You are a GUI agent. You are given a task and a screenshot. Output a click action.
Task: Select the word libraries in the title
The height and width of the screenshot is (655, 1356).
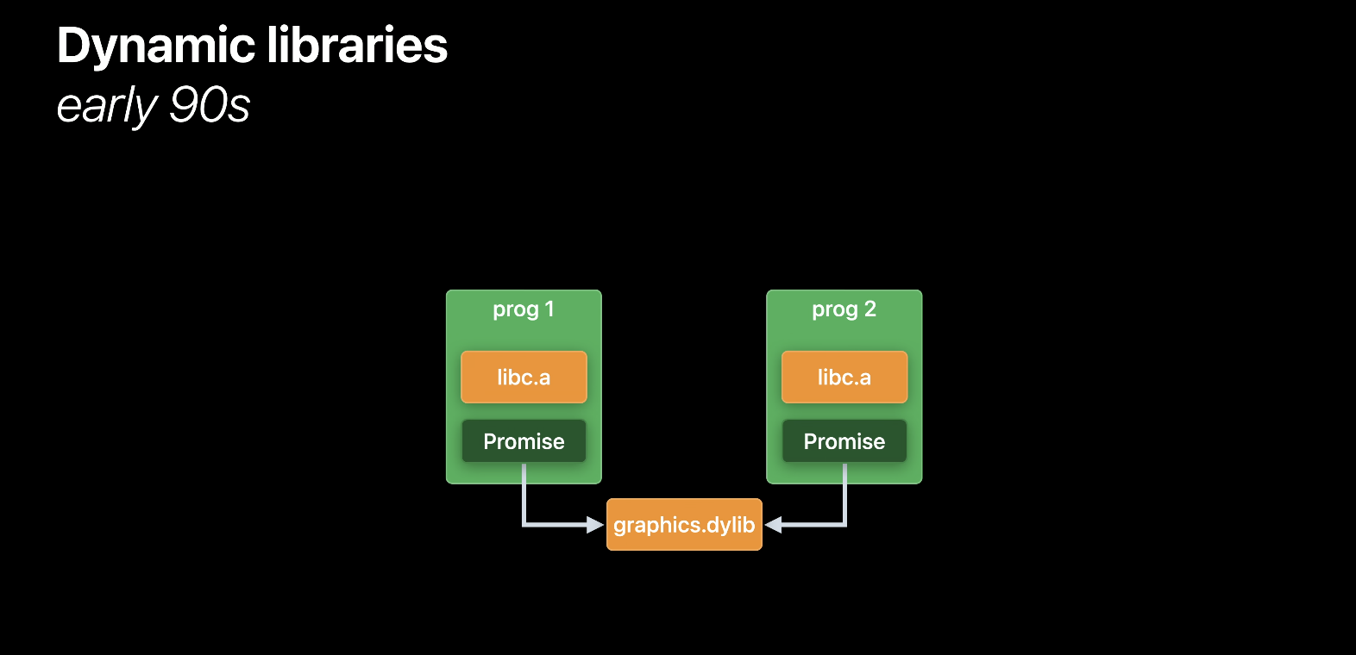click(357, 45)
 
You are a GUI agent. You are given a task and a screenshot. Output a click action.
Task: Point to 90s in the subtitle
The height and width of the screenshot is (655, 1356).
click(210, 105)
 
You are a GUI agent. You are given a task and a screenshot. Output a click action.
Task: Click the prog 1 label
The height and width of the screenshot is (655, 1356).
click(523, 309)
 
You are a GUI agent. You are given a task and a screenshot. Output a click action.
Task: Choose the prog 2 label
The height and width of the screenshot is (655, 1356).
click(844, 309)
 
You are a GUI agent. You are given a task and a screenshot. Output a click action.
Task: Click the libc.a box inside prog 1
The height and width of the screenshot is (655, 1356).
click(524, 377)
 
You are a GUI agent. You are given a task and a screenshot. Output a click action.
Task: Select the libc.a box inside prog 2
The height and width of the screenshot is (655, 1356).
click(844, 377)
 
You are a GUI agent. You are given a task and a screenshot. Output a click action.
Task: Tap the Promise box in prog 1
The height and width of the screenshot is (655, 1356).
click(524, 441)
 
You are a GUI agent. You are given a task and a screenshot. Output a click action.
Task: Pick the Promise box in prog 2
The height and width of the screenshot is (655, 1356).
click(844, 441)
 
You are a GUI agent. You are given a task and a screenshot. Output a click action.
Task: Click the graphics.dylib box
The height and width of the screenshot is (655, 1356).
click(684, 524)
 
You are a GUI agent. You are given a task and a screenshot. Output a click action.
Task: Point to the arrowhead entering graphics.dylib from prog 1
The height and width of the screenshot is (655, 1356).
click(595, 524)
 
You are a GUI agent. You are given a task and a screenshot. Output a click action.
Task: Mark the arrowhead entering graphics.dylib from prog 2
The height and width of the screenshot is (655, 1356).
click(774, 524)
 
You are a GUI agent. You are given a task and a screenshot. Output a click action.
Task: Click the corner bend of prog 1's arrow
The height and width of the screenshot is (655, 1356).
click(524, 523)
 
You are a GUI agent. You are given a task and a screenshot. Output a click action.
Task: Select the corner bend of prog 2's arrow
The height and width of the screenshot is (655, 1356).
click(844, 523)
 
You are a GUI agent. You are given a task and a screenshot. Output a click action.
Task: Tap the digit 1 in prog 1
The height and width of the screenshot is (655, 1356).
click(549, 309)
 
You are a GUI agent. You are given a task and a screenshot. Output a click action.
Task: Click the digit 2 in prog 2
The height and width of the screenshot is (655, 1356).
click(870, 309)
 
